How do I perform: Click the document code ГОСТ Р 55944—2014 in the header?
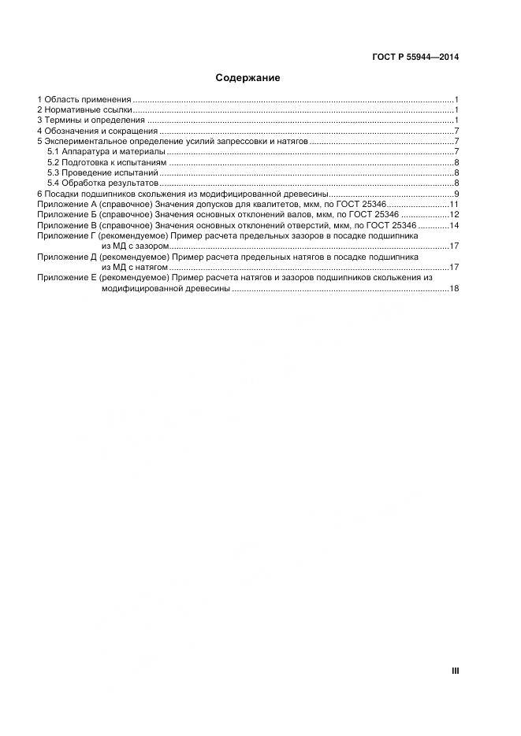point(415,57)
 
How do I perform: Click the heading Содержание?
point(247,79)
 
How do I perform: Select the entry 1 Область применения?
point(84,100)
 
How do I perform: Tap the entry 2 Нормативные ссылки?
point(84,110)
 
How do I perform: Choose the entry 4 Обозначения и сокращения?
point(97,131)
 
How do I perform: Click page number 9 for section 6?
point(456,194)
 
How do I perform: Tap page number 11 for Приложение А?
point(454,204)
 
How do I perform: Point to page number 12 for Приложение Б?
point(454,215)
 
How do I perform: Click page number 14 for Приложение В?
point(454,225)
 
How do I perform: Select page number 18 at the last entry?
point(454,289)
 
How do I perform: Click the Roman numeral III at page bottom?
point(455,671)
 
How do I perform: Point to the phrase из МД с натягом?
point(135,268)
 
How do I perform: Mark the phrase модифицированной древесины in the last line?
point(166,289)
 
